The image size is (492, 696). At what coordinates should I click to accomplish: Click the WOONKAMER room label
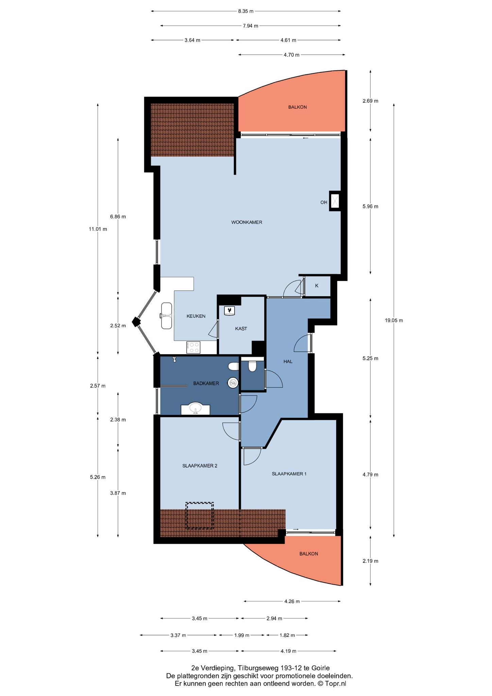click(x=247, y=222)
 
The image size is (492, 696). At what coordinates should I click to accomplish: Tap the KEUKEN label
click(x=196, y=316)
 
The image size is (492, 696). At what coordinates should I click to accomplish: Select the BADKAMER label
click(x=206, y=383)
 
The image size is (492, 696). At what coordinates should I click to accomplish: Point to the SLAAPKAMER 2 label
click(x=200, y=466)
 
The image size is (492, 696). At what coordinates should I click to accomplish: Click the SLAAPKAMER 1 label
click(x=289, y=473)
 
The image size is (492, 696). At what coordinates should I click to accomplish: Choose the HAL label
click(x=288, y=361)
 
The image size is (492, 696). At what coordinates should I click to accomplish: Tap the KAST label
click(x=241, y=329)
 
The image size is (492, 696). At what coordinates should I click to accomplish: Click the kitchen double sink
click(x=166, y=316)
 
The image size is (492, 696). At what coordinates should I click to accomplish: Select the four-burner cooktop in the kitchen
click(x=193, y=347)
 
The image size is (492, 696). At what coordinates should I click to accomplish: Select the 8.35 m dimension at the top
click(x=246, y=11)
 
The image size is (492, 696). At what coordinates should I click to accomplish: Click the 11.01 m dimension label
click(x=98, y=229)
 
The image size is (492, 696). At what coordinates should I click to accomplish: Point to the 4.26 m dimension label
click(x=292, y=601)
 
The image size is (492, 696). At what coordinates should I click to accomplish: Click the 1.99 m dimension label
click(x=241, y=635)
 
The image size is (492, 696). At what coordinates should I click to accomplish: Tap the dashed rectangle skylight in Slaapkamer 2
click(x=199, y=516)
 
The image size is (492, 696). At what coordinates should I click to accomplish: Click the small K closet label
click(x=317, y=285)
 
